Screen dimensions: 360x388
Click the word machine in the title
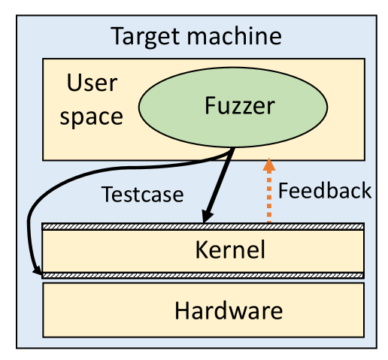236,35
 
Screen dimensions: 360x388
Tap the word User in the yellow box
92,83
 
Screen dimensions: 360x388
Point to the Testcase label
142,195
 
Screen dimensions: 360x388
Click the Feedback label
324,190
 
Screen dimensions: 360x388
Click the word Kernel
229,250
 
